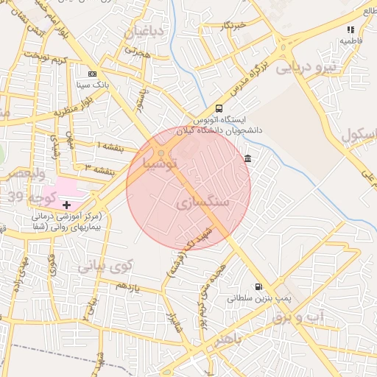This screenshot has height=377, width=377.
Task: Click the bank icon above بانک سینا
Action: click(92, 74)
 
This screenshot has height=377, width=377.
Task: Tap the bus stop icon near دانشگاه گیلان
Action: click(219, 108)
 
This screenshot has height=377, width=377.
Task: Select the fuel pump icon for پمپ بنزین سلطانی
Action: click(258, 287)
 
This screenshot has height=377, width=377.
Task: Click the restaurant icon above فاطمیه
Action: click(351, 29)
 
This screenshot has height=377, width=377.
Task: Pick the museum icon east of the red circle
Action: click(247, 159)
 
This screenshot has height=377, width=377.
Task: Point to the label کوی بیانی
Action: click(104, 266)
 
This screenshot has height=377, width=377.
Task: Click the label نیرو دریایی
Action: click(306, 68)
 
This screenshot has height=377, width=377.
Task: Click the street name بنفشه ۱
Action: click(110, 145)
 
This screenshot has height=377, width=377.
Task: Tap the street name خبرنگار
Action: click(233, 26)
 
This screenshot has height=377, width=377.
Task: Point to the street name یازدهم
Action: click(129, 285)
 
